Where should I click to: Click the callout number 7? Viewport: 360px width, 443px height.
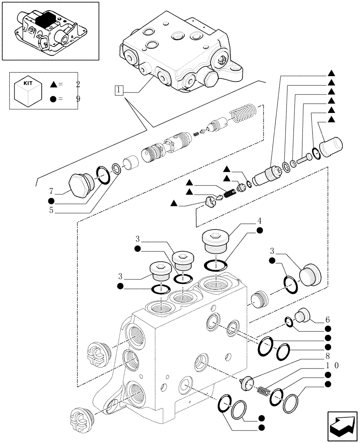point(51,191)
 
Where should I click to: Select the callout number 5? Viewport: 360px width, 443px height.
point(51,211)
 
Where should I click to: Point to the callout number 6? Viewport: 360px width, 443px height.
point(327,319)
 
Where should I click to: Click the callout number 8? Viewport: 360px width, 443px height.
point(327,355)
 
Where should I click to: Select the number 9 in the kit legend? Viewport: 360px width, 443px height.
point(78,99)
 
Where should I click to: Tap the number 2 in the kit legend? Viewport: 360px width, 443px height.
point(78,84)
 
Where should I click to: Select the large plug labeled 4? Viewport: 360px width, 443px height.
point(215,242)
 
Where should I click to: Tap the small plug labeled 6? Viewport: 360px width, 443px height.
point(305,315)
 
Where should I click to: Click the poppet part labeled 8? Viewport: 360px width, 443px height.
point(247,382)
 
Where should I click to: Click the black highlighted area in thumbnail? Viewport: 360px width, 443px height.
point(46,21)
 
